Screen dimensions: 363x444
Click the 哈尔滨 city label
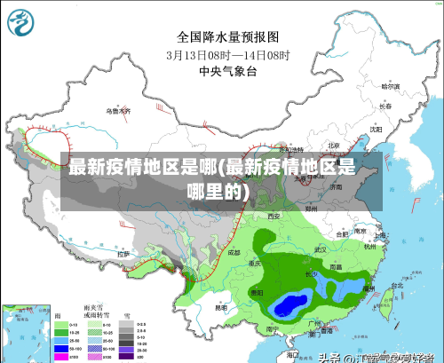coord(390,87)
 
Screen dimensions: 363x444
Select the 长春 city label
coord(385,106)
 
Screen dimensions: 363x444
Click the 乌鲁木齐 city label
coord(118,111)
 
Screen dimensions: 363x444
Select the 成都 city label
coord(233,252)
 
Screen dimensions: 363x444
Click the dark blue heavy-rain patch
coord(289,306)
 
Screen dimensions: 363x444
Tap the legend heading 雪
coord(126,315)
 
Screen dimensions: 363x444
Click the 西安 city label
coord(274,216)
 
